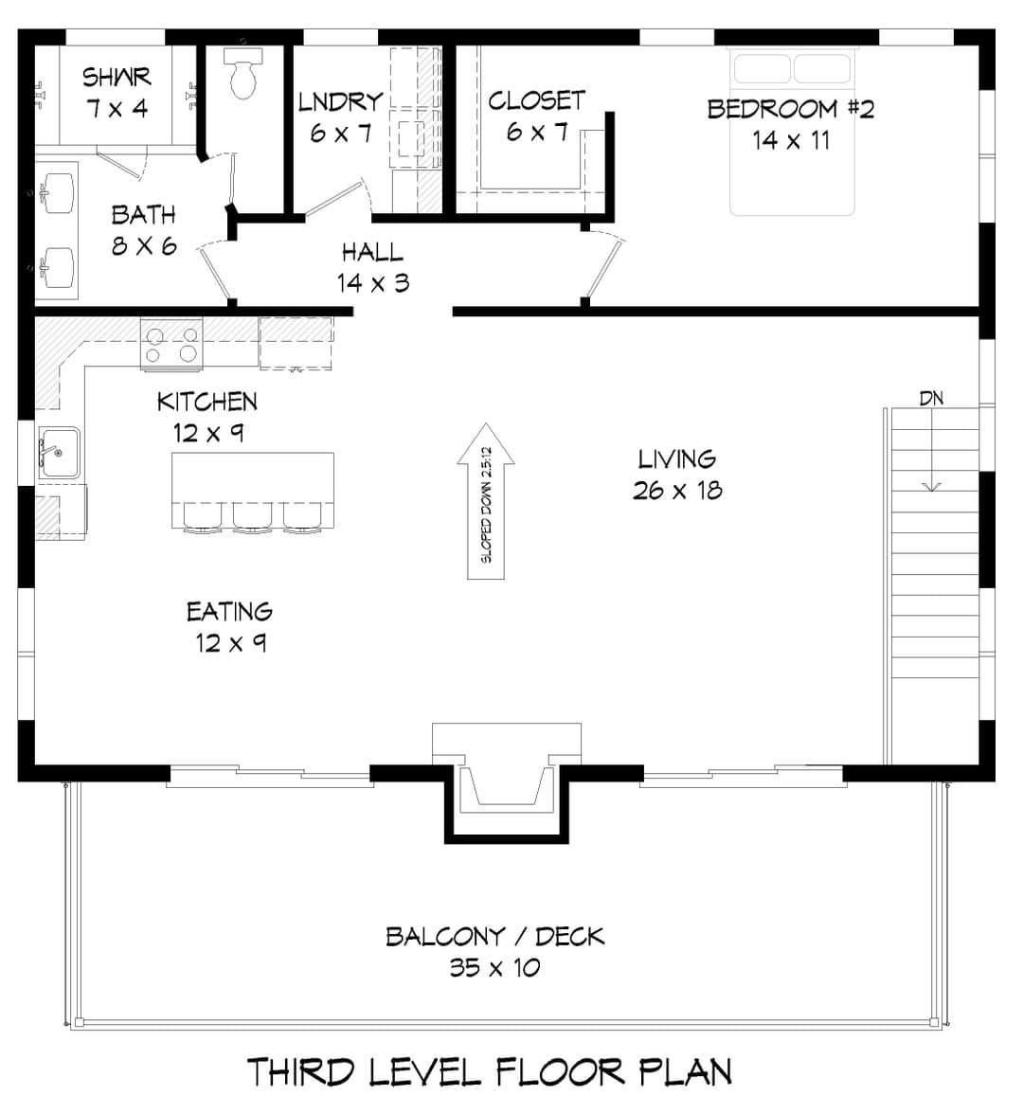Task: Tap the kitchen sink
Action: point(59,453)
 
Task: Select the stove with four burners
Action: point(171,344)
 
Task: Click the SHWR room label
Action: point(117,77)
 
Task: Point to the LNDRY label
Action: point(341,101)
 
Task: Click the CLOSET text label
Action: point(537,100)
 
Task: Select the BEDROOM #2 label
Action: point(791,109)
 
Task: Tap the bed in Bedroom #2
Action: point(792,132)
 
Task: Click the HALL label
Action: point(372,252)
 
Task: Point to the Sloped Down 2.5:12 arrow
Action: point(486,501)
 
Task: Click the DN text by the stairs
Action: point(931,398)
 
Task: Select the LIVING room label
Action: point(676,458)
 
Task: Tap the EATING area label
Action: point(229,611)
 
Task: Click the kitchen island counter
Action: point(253,490)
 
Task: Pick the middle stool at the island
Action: point(253,516)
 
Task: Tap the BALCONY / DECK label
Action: point(494,936)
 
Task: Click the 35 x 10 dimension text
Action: point(494,967)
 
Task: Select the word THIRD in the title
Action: point(301,1072)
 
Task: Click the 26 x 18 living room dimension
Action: point(677,490)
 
